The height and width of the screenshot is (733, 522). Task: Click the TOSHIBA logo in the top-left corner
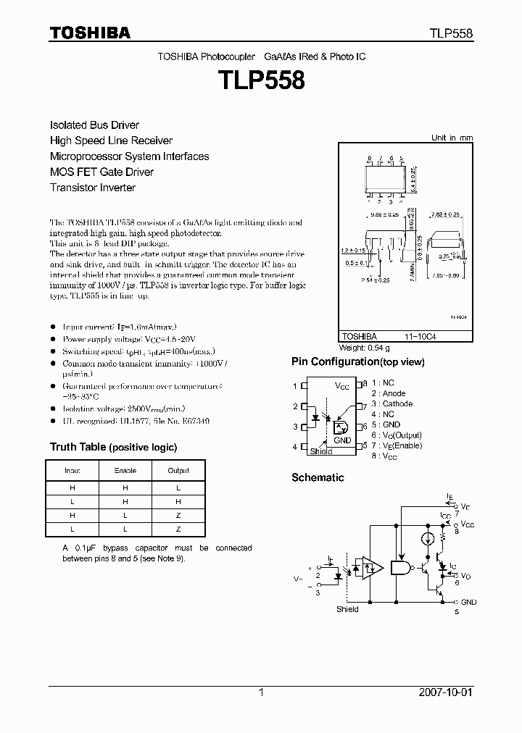coord(90,33)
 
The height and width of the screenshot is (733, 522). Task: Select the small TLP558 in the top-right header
coord(452,33)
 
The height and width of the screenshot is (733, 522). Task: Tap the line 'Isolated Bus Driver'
coord(94,125)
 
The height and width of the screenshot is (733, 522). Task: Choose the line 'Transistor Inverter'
coord(93,188)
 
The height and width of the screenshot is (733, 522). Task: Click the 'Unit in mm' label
coord(452,138)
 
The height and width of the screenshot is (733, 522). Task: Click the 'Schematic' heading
coord(318,477)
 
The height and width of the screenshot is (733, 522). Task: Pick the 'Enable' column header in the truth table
coord(125,471)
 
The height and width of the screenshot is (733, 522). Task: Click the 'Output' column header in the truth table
coord(178,471)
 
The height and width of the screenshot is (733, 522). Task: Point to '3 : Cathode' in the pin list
coord(392,403)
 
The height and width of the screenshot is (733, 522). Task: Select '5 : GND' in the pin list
coord(386,424)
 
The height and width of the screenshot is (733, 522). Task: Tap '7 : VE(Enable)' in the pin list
coord(397,445)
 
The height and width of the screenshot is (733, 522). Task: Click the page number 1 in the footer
coord(261,692)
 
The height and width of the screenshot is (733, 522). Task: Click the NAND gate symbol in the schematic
coord(399,569)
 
